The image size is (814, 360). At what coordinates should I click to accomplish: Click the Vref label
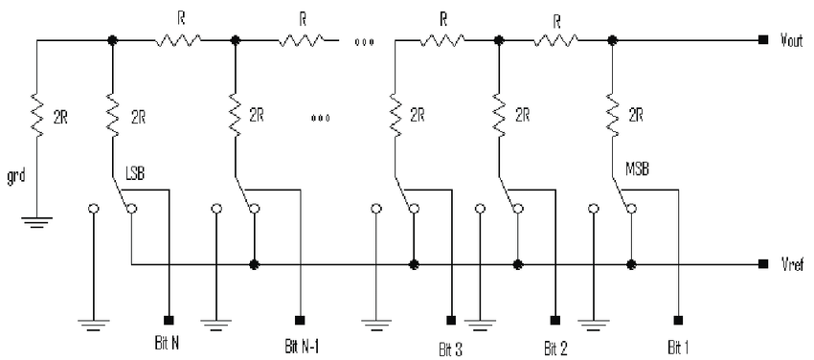(x=793, y=265)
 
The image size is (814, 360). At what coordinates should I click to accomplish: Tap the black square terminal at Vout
(x=762, y=40)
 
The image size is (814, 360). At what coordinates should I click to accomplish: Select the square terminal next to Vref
(x=762, y=264)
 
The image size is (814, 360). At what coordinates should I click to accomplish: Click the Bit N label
(x=168, y=344)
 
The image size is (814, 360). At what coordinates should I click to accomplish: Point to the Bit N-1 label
(x=302, y=346)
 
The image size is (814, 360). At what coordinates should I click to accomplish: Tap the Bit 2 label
(x=556, y=347)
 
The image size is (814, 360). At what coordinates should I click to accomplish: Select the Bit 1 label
(x=679, y=347)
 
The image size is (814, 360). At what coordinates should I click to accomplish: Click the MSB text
(x=637, y=170)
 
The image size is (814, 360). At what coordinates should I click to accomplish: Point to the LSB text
(x=134, y=173)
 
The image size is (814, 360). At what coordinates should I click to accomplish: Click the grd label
(x=16, y=177)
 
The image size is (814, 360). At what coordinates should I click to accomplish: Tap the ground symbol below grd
(x=36, y=222)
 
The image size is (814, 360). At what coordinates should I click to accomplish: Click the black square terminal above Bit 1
(x=677, y=319)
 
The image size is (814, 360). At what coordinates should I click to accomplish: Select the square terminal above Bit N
(x=169, y=319)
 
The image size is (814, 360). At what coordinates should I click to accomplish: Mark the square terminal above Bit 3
(x=451, y=319)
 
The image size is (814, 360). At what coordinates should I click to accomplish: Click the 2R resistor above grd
(x=37, y=117)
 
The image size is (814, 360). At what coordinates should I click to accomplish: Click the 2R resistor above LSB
(x=113, y=117)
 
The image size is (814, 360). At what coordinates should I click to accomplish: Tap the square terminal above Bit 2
(x=555, y=319)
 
